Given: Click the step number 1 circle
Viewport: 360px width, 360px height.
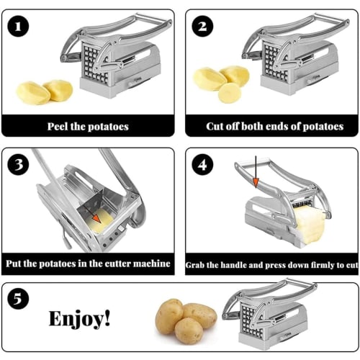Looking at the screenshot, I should click(x=20, y=27).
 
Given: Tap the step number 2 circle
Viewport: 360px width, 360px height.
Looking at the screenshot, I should click(x=202, y=27).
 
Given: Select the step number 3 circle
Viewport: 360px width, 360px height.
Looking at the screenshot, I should click(x=20, y=165).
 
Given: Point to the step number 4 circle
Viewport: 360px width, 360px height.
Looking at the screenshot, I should click(x=202, y=165).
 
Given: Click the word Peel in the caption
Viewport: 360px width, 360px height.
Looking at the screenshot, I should click(x=60, y=126).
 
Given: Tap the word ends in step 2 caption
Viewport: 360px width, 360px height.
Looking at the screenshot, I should click(x=274, y=126).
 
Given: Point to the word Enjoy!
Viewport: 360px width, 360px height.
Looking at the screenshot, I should click(x=80, y=318).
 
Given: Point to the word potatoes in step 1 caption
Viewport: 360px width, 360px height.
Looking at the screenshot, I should click(x=106, y=126).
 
